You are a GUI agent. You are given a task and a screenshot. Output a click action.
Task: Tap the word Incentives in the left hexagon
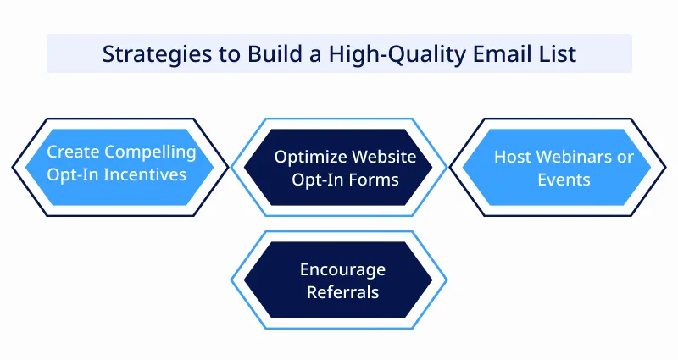click(147, 174)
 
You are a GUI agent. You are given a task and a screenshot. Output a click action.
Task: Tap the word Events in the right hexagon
click(564, 180)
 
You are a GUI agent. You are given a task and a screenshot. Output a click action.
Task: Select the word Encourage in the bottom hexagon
click(342, 270)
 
